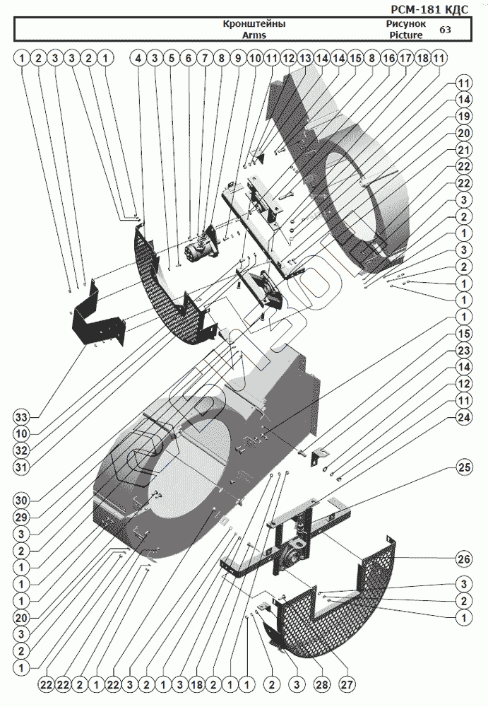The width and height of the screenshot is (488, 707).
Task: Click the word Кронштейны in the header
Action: tap(254, 24)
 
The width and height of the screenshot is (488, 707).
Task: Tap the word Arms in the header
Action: tap(254, 34)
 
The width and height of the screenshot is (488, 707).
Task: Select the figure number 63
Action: tap(445, 30)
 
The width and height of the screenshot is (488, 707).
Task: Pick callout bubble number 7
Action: tap(204, 57)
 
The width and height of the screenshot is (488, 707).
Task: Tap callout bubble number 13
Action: tap(304, 57)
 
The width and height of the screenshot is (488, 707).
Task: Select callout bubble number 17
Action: tap(405, 57)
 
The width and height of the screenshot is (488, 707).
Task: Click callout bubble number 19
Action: tap(463, 116)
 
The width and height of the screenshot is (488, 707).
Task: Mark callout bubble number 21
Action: tap(463, 149)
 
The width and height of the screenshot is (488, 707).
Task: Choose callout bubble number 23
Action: tap(463, 350)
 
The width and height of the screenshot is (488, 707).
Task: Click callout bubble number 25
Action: tap(463, 468)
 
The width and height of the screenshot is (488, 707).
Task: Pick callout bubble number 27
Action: tap(347, 684)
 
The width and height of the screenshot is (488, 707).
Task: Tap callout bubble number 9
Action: tap(237, 57)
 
